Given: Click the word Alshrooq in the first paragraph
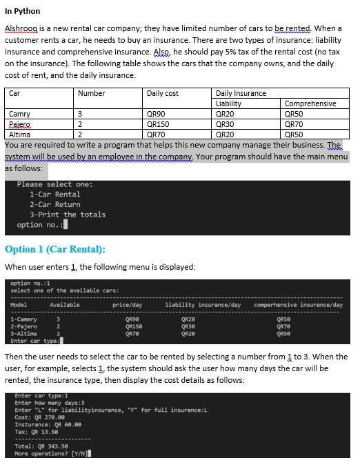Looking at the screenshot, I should point(22,28).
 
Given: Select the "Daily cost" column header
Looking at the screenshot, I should point(163,93).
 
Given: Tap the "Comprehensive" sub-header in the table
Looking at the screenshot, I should point(310,103).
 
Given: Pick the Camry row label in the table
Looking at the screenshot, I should point(19,115).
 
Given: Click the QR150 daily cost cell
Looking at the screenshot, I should point(159,125).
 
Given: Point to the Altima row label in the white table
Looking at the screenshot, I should point(20,135).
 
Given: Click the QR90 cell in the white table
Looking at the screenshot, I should point(157,115).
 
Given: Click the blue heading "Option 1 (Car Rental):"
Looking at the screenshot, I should point(55,249).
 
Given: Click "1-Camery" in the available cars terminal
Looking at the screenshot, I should point(23,319).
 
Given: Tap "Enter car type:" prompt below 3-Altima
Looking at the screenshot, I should point(34,341).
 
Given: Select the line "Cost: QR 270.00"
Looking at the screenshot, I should point(39,417).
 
